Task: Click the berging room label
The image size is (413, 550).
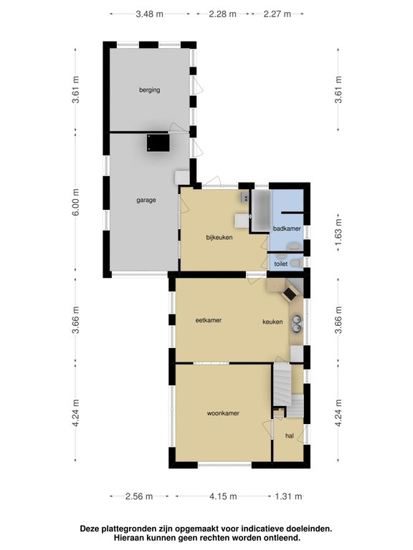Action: point(150,90)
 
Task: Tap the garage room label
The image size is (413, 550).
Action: point(146,201)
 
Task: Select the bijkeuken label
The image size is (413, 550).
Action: point(219,238)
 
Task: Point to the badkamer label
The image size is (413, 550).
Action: point(287,228)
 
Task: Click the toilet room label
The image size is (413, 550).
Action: point(281,264)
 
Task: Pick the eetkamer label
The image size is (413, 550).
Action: point(209,320)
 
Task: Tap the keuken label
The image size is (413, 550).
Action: point(272,322)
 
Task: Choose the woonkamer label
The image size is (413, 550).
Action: point(223,413)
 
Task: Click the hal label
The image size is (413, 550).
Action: point(290,436)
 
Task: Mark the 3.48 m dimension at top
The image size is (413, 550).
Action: point(150,14)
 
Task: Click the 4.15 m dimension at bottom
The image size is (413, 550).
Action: point(223,496)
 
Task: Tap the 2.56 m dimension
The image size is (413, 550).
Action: point(139,496)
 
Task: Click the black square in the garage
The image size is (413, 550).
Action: point(158,143)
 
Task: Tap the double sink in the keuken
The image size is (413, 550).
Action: point(297,324)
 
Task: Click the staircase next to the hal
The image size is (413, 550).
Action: point(288,390)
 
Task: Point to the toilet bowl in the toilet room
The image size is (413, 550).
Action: point(297,263)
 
